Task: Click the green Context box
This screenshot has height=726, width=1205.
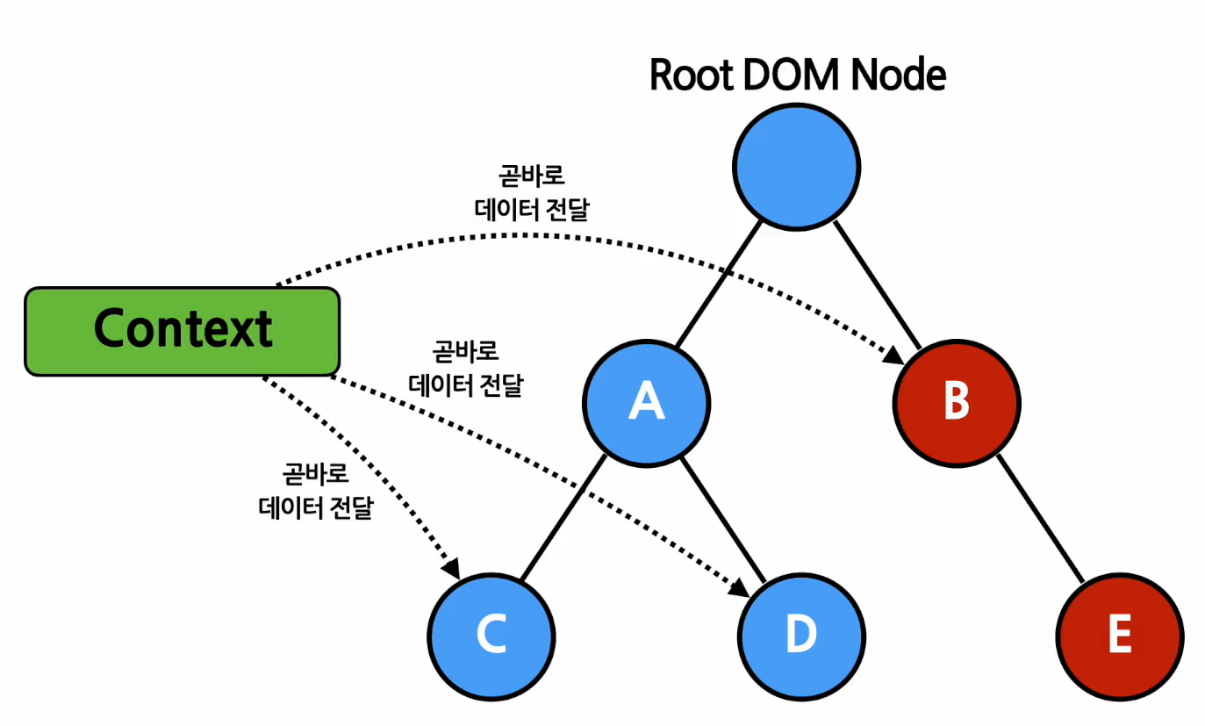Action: click(x=183, y=331)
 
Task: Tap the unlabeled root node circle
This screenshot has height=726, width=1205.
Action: click(x=797, y=167)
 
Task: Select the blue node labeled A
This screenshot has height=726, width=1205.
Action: click(x=647, y=403)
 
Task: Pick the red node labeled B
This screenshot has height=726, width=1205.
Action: click(x=957, y=401)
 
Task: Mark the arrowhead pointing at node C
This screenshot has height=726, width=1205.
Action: click(x=451, y=569)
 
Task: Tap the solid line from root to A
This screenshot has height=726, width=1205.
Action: click(x=717, y=284)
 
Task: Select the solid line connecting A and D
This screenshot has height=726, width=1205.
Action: click(x=724, y=518)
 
